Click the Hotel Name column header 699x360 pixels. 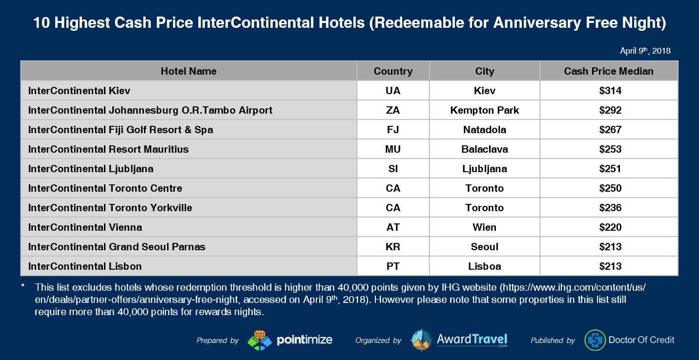pyautogui.click(x=188, y=71)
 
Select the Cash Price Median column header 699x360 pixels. pyautogui.click(x=609, y=71)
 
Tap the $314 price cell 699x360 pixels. pyautogui.click(x=610, y=91)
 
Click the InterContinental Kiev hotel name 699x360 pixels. pyautogui.click(x=79, y=91)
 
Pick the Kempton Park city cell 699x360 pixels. pyautogui.click(x=484, y=110)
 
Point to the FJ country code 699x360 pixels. pyautogui.click(x=393, y=130)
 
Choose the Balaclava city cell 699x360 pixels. pyautogui.click(x=484, y=149)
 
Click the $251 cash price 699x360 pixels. pyautogui.click(x=610, y=169)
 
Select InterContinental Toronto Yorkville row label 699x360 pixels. pyautogui.click(x=110, y=208)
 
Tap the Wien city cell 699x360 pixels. pyautogui.click(x=484, y=227)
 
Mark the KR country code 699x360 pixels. pyautogui.click(x=393, y=247)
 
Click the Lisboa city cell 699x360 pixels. pyautogui.click(x=484, y=266)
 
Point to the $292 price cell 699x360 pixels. pyautogui.click(x=610, y=110)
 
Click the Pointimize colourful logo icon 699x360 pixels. pyautogui.click(x=260, y=340)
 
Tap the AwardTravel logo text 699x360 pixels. pyautogui.click(x=472, y=340)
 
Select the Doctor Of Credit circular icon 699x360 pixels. pyautogui.click(x=595, y=340)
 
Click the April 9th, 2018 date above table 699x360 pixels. pyautogui.click(x=645, y=51)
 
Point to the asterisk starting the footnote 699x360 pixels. pyautogui.click(x=23, y=286)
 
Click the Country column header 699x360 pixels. pyautogui.click(x=393, y=71)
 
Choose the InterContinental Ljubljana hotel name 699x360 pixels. pyautogui.click(x=90, y=169)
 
